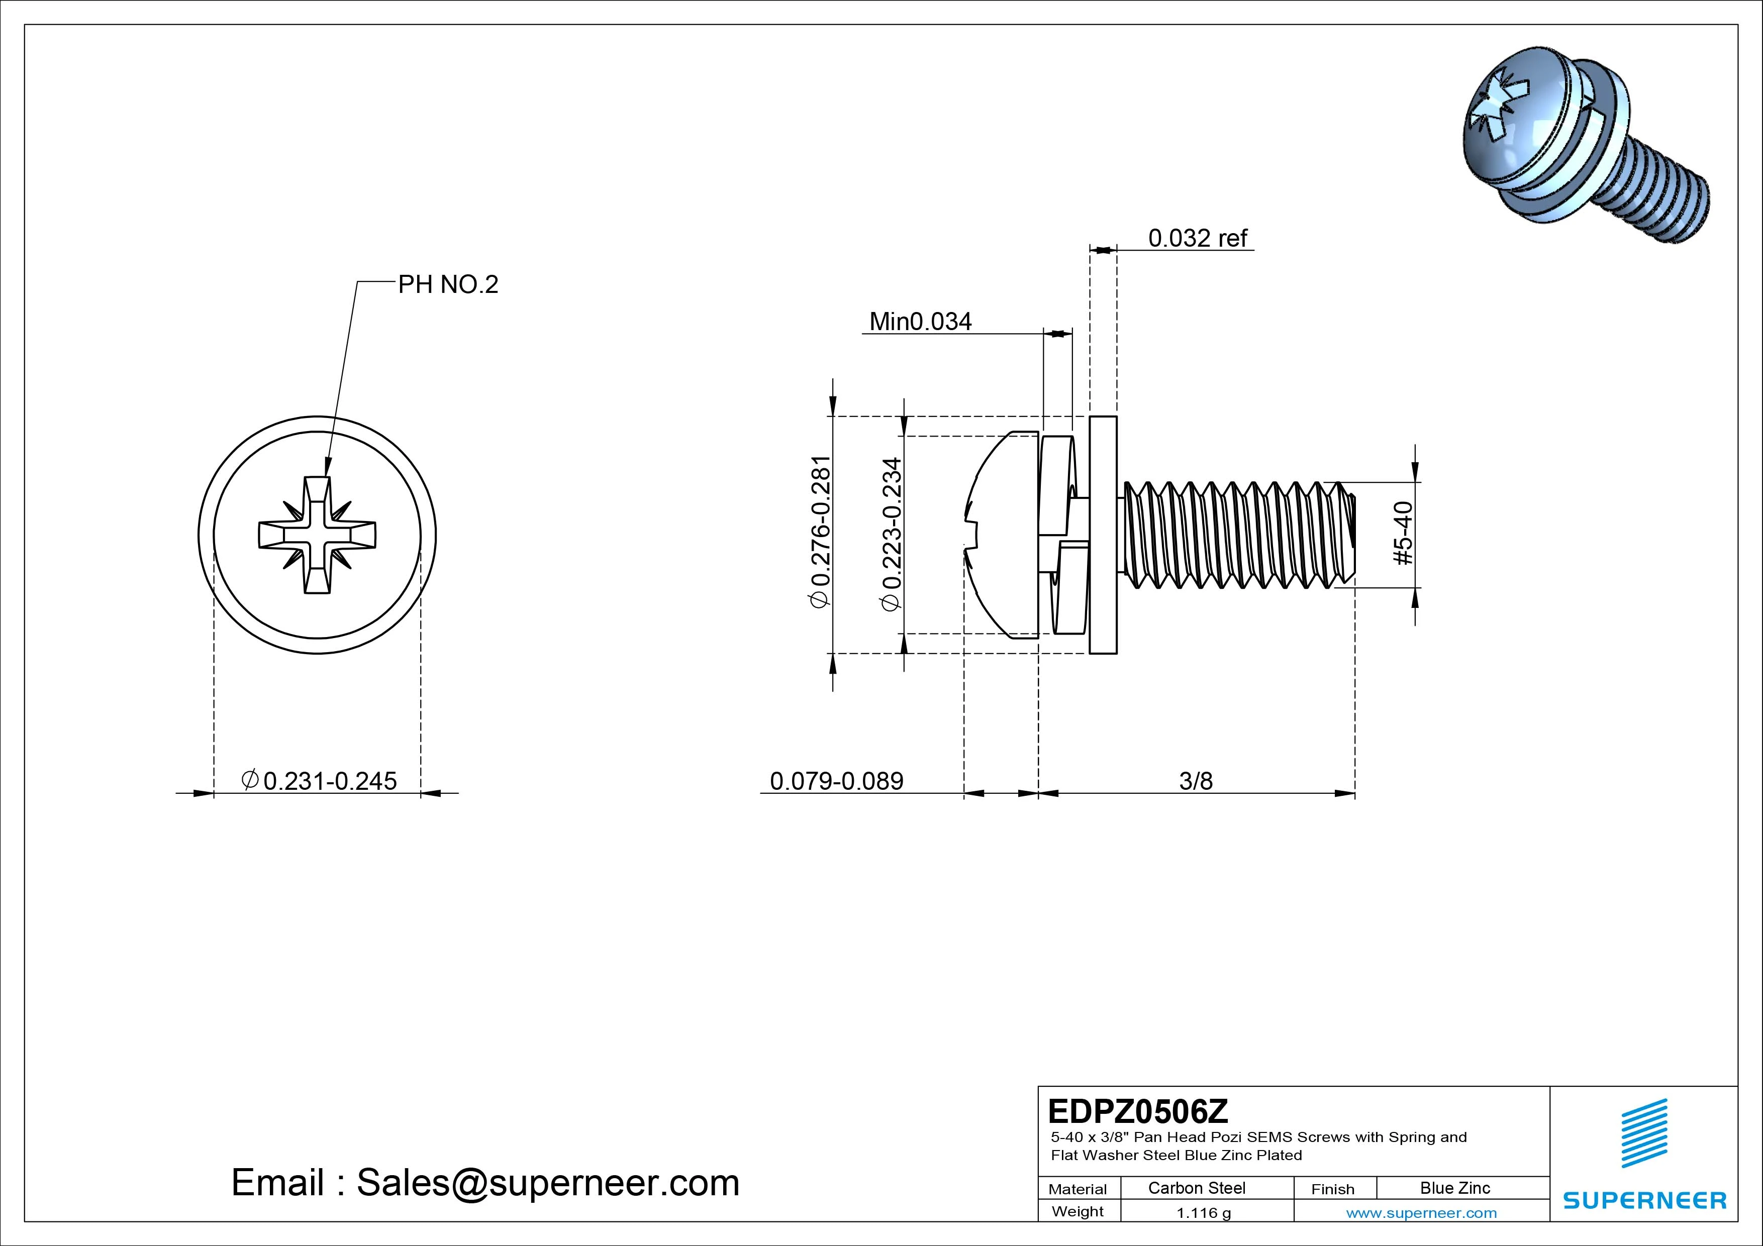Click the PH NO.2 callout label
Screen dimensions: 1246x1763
(x=448, y=285)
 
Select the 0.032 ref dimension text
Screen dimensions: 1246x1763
(x=1197, y=238)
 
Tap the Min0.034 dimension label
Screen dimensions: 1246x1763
(x=920, y=321)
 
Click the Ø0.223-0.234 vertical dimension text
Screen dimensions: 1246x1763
(x=892, y=535)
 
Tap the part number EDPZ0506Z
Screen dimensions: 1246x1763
(x=1137, y=1111)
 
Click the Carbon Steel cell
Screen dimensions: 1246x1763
(x=1196, y=1188)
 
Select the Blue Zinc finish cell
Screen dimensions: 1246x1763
(x=1454, y=1188)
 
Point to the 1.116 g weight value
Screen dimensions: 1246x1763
(x=1203, y=1213)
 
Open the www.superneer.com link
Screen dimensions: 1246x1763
(x=1421, y=1213)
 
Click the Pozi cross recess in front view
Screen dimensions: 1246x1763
(x=317, y=535)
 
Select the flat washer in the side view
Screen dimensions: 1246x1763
(x=1103, y=535)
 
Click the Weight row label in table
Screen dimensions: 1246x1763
(x=1078, y=1211)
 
